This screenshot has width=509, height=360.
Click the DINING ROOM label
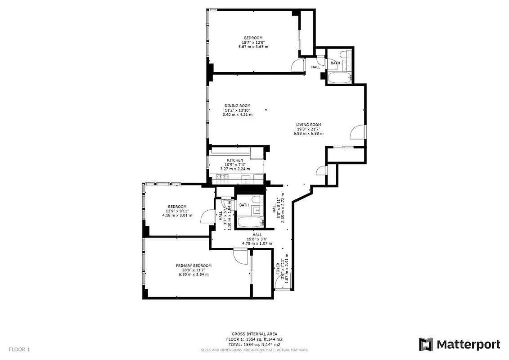237,106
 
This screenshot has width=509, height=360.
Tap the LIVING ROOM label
308,125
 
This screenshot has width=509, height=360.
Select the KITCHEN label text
234,160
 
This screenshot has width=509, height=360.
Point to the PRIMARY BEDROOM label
194,265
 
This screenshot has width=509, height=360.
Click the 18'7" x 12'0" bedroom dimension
253,42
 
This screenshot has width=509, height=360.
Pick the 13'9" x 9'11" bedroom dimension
177,211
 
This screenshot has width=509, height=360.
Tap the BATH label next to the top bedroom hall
335,63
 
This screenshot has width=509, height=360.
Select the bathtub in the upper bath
339,78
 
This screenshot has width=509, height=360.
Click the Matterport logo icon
426,345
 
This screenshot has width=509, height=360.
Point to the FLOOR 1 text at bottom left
19,349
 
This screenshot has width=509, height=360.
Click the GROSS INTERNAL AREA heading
254,334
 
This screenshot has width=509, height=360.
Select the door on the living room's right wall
357,131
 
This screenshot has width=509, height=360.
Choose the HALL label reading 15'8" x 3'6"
257,234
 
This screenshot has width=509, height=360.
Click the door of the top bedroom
298,66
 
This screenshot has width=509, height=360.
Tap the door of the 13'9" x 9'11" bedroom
207,217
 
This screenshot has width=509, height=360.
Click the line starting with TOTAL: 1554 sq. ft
254,344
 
